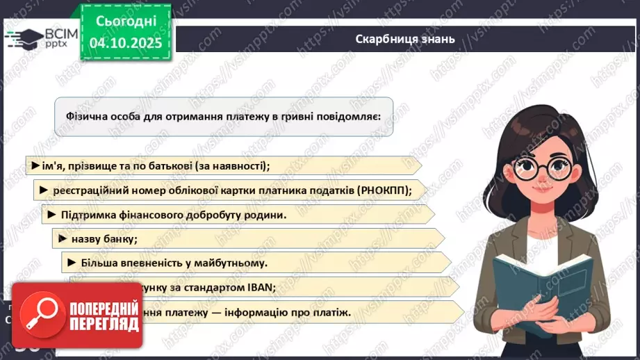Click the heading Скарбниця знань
click(404, 39)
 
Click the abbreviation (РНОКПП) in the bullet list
click(377, 189)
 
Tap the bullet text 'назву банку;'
click(104, 238)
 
